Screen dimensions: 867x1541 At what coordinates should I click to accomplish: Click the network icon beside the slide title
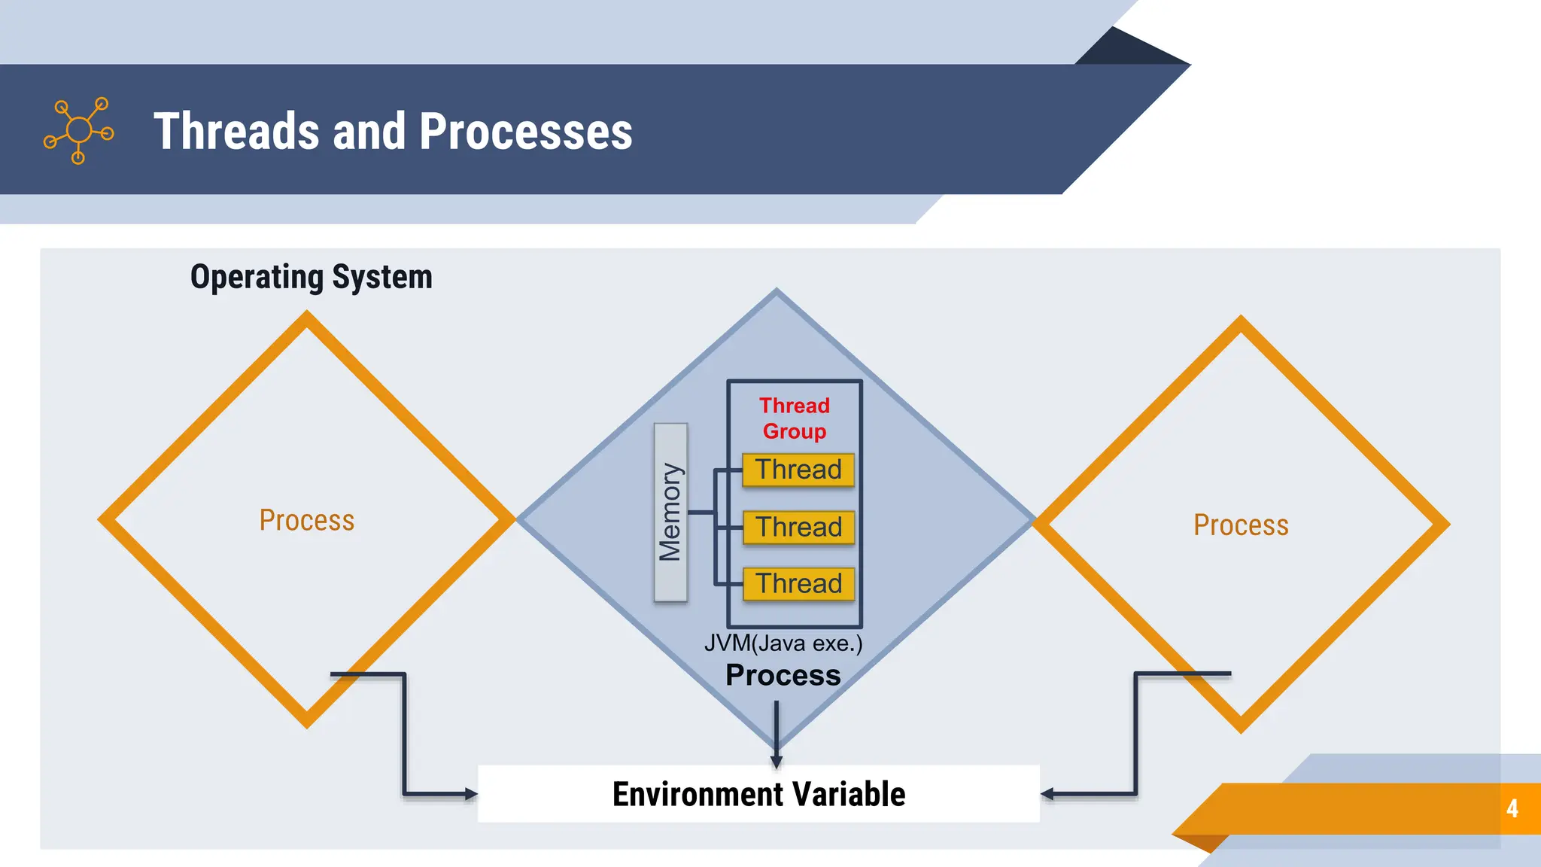click(x=79, y=130)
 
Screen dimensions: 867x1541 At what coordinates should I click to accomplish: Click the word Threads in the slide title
click(x=236, y=132)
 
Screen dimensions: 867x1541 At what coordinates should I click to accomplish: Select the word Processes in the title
click(x=525, y=132)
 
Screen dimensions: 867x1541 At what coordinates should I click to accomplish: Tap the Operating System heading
click(x=311, y=277)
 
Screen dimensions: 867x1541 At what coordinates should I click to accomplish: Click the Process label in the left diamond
click(x=306, y=520)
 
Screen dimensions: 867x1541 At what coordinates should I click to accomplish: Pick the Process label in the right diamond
click(x=1241, y=525)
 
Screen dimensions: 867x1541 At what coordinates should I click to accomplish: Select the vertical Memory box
click(x=670, y=512)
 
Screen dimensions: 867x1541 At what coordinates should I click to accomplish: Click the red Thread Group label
click(x=795, y=418)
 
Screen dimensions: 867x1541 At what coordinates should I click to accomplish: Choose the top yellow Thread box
click(x=798, y=470)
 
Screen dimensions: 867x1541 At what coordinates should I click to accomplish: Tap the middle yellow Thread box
click(x=798, y=527)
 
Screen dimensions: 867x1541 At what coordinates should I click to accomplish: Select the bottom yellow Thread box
click(x=798, y=584)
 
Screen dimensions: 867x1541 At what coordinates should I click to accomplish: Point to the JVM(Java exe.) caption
click(x=783, y=643)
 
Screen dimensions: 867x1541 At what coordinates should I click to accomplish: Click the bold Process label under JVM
click(x=783, y=675)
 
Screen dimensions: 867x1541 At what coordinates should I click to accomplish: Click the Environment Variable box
click(x=758, y=794)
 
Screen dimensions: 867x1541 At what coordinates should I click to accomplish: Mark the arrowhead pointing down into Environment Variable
click(x=777, y=761)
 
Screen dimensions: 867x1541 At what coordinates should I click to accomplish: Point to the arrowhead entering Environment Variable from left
click(x=471, y=793)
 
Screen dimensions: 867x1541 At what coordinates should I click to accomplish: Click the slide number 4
click(x=1512, y=809)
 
